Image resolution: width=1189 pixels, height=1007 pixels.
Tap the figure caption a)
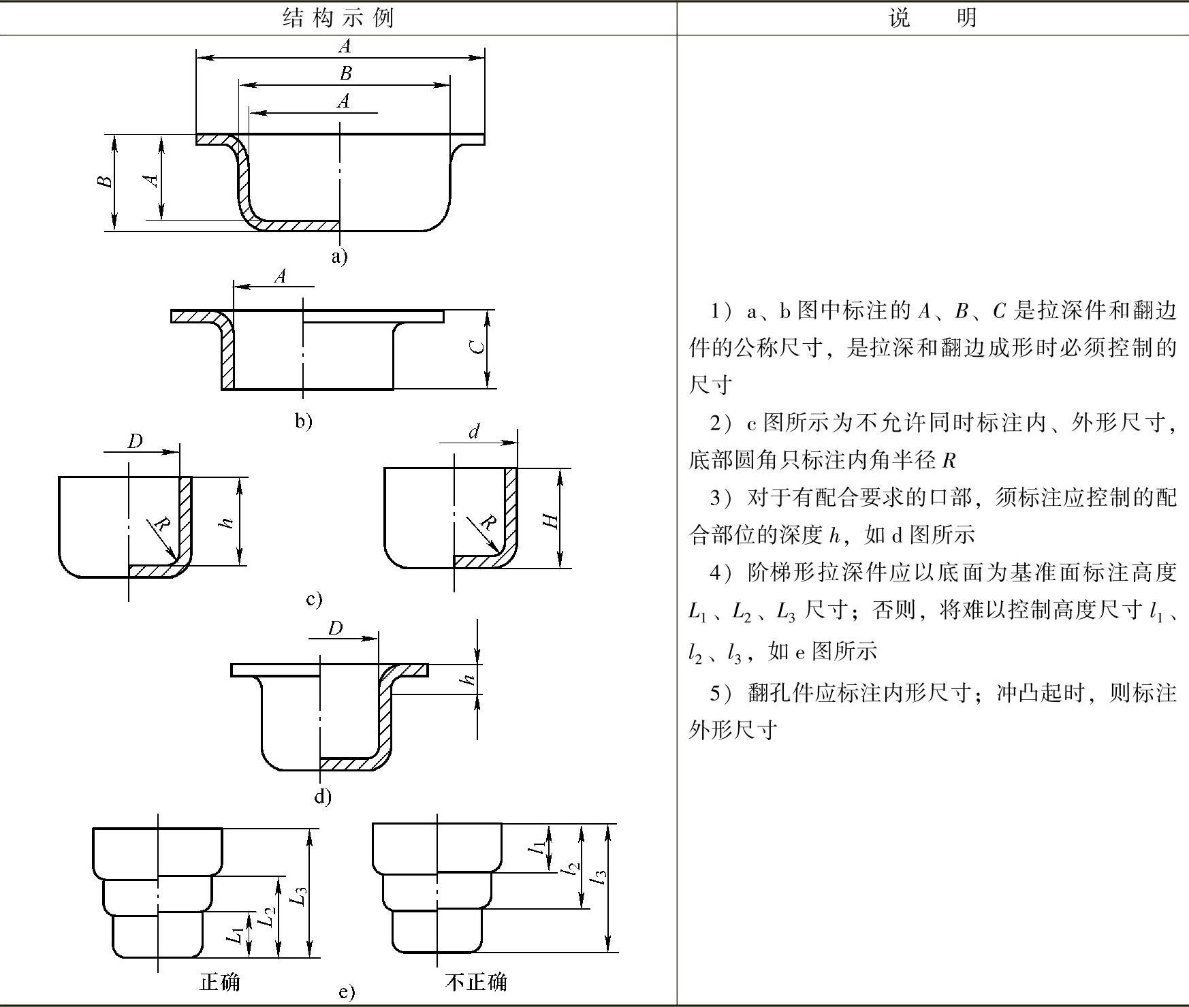click(339, 257)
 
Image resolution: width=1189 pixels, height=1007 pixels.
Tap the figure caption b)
click(304, 421)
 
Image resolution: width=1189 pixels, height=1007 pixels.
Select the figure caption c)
click(314, 599)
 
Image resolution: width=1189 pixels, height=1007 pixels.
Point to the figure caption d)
click(323, 795)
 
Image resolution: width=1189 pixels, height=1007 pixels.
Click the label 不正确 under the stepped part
click(476, 982)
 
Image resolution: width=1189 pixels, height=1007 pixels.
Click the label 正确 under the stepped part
click(219, 982)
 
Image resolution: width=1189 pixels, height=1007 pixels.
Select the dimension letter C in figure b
click(479, 347)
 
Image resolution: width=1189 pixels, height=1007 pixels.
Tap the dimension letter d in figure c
click(475, 431)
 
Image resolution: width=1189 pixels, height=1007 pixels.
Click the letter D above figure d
click(335, 628)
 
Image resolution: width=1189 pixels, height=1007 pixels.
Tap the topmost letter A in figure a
click(345, 46)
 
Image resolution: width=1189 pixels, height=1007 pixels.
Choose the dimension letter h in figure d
click(467, 680)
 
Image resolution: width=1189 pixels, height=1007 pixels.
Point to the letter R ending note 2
click(949, 461)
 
